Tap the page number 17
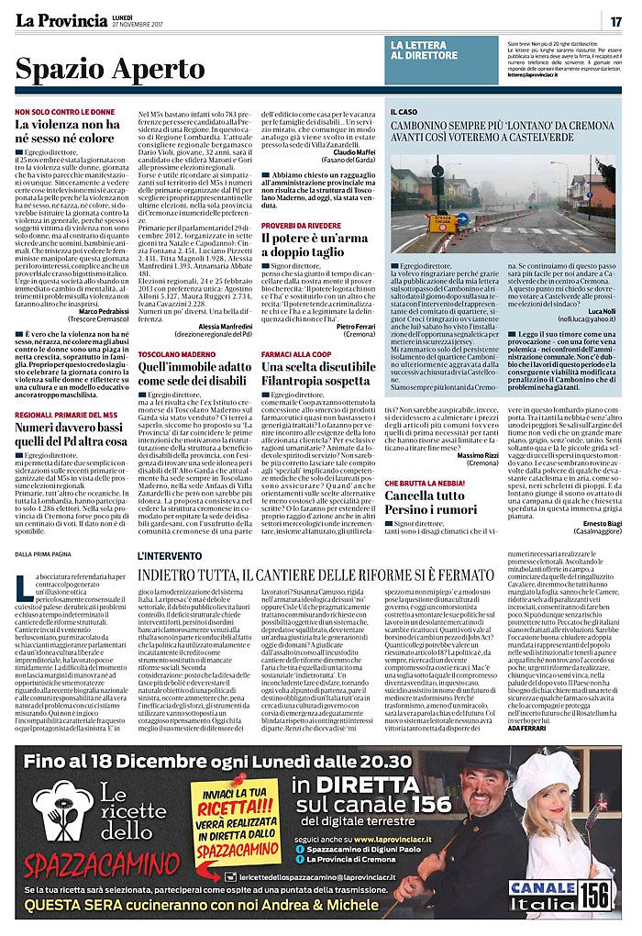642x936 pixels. coord(616,21)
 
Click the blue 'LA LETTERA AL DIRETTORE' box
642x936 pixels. coord(440,50)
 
